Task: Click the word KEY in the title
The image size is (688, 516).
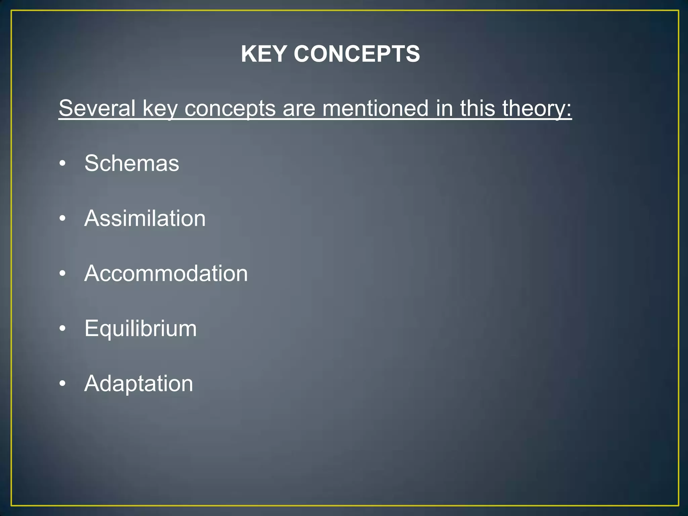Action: pos(264,54)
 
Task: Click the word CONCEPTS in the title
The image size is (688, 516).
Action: pos(357,54)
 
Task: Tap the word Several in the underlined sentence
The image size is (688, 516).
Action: pos(97,108)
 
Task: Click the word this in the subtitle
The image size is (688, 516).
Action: pos(477,108)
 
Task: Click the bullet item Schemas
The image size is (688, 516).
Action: pos(132,163)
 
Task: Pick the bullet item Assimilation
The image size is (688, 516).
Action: pos(145,218)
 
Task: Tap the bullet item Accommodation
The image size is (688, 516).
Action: pos(166,273)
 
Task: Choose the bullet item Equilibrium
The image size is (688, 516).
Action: pos(140,329)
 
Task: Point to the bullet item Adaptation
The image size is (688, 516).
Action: pos(139,384)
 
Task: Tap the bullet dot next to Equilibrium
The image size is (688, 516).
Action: pos(62,329)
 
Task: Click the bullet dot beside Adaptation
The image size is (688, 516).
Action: pos(62,384)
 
